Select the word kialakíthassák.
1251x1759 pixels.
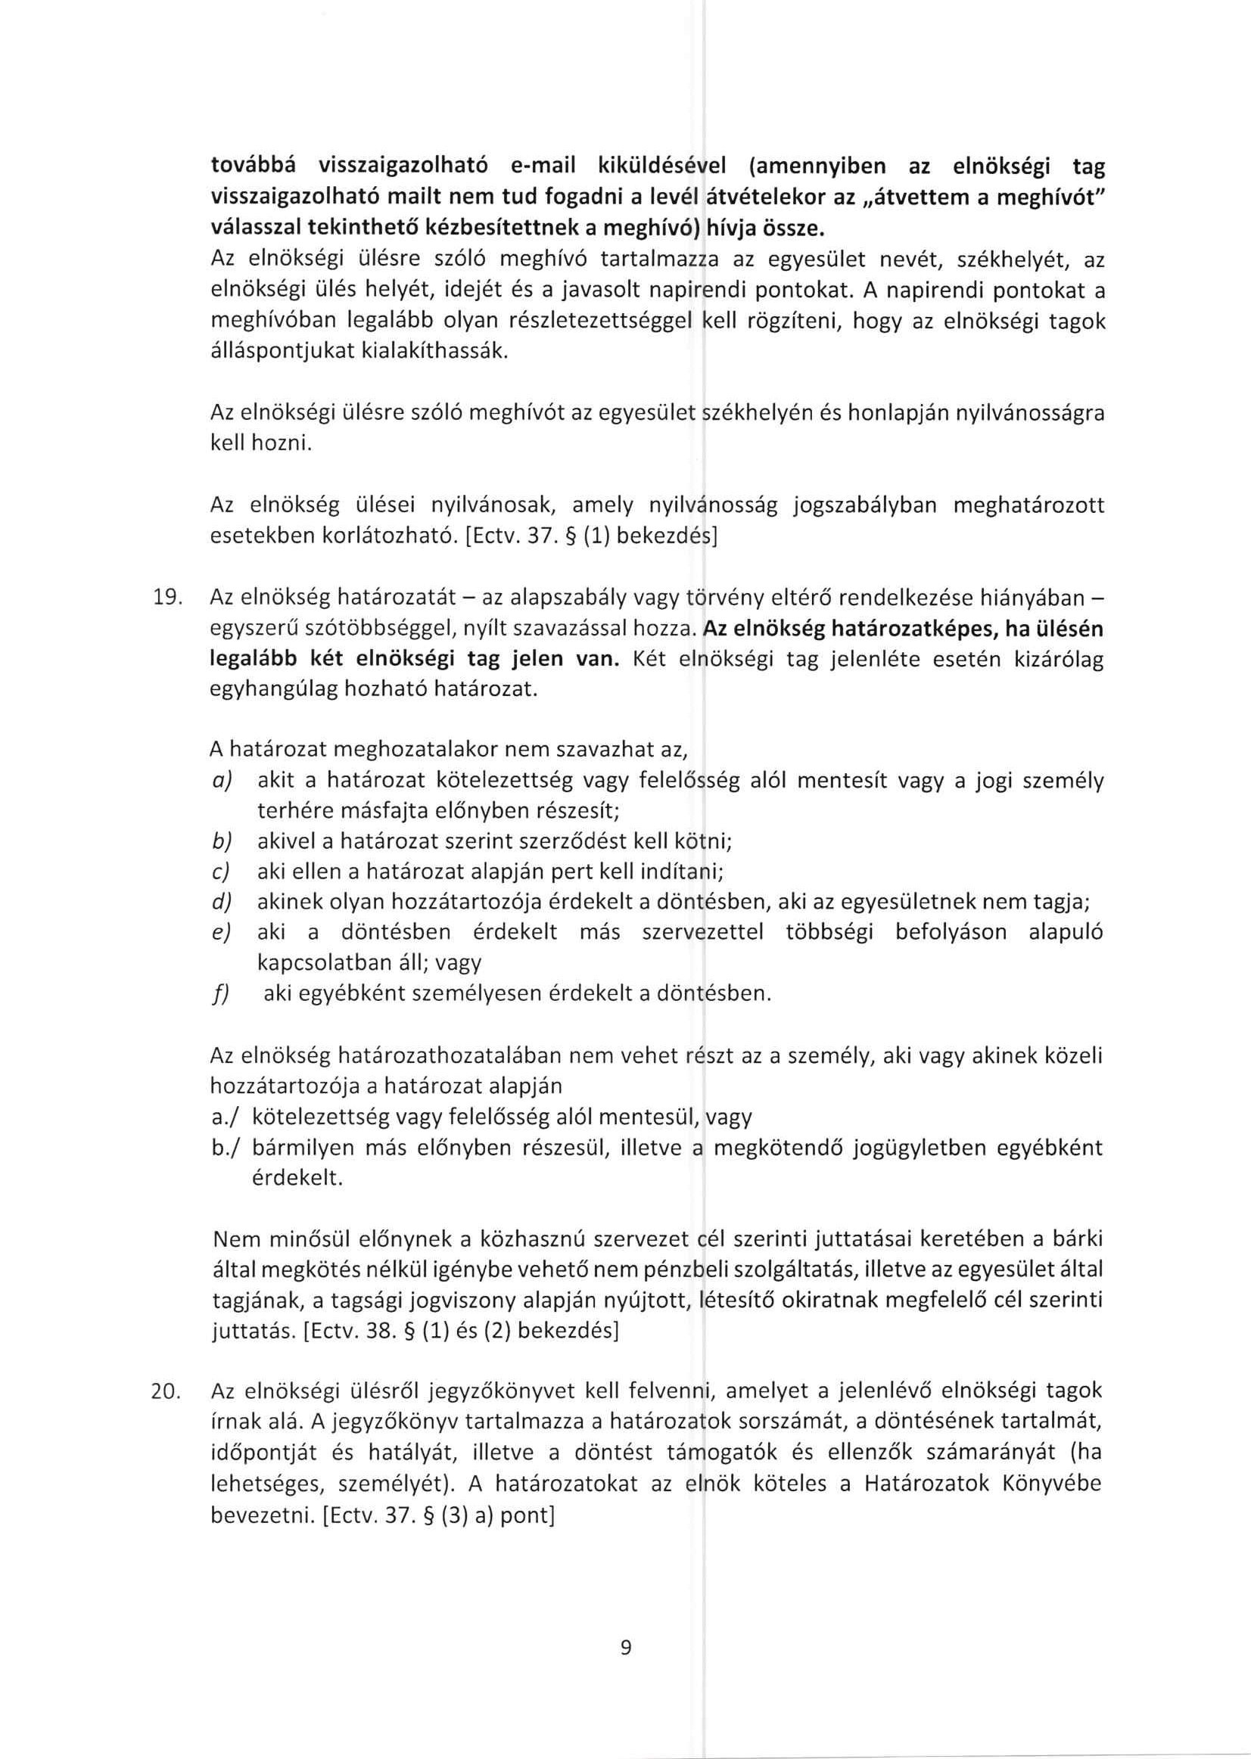point(359,353)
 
